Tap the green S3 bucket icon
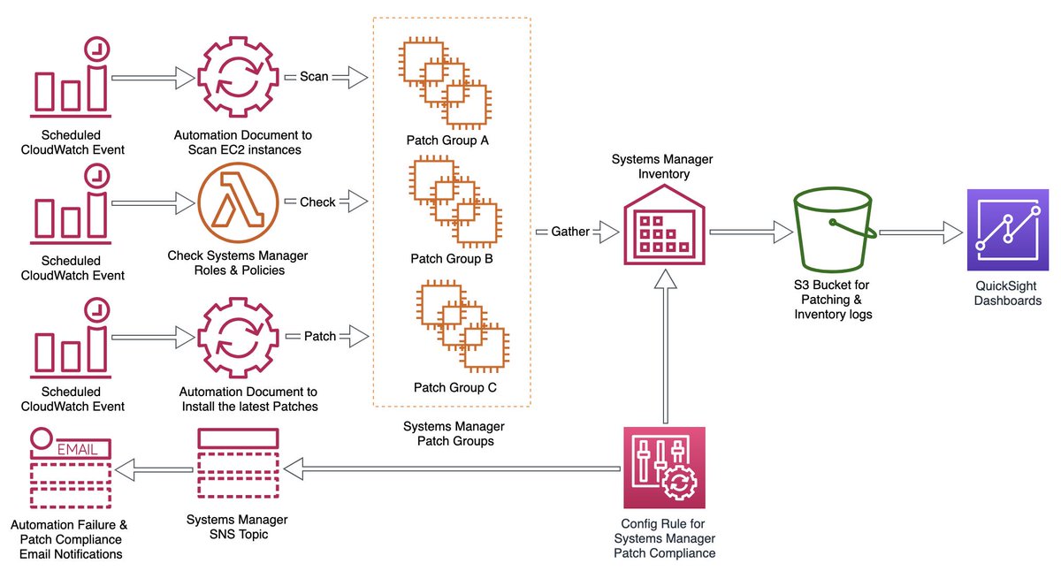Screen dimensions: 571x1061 (x=835, y=232)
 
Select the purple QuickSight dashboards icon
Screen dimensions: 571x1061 (x=1004, y=231)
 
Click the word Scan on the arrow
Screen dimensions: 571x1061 (x=314, y=77)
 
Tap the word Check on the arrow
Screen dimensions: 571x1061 (x=317, y=202)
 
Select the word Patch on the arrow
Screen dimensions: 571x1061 (x=319, y=337)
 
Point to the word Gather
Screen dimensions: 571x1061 (x=570, y=232)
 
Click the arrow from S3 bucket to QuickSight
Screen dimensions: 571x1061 (x=920, y=232)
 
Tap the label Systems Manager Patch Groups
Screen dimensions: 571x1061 (x=454, y=433)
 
